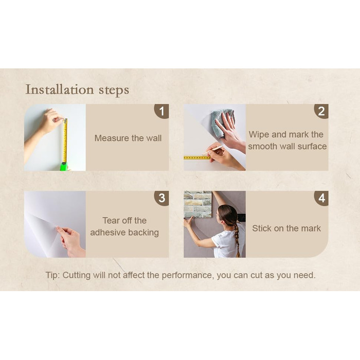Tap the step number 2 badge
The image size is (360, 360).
point(322,111)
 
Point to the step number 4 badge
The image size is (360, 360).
point(322,198)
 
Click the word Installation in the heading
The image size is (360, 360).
point(60,89)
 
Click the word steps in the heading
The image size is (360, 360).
point(114,90)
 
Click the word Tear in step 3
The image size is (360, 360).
point(111,221)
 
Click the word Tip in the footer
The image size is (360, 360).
point(52,275)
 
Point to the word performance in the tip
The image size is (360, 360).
point(187,276)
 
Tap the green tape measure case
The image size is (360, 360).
point(64,167)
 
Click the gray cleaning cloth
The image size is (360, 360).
point(222,122)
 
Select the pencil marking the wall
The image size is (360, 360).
point(213,150)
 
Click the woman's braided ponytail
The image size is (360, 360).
point(237,239)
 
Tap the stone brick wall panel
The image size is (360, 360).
point(197,204)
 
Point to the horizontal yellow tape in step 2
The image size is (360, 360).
point(197,158)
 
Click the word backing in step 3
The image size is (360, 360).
point(143,232)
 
